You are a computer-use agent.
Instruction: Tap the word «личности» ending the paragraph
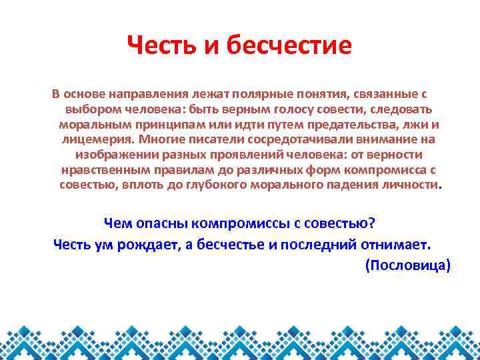pyautogui.click(x=411, y=185)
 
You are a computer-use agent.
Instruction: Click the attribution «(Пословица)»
pyautogui.click(x=408, y=265)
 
